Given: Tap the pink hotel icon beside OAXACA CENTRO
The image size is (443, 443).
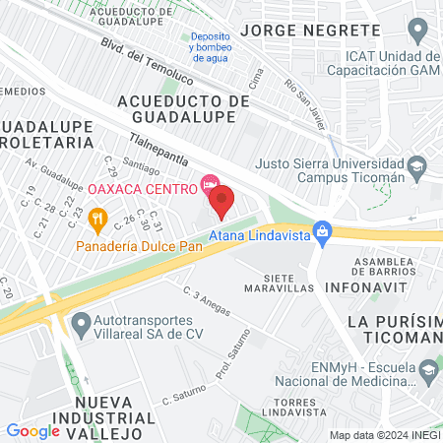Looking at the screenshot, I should [209, 183].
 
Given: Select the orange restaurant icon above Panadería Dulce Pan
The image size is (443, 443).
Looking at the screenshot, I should [96, 218].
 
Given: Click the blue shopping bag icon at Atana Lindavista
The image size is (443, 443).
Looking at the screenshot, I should [321, 232].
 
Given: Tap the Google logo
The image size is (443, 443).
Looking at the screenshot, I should [32, 430].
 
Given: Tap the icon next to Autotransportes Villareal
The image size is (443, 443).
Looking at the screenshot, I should [83, 321].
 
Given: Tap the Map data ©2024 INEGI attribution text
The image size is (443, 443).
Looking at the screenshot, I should [383, 434].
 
